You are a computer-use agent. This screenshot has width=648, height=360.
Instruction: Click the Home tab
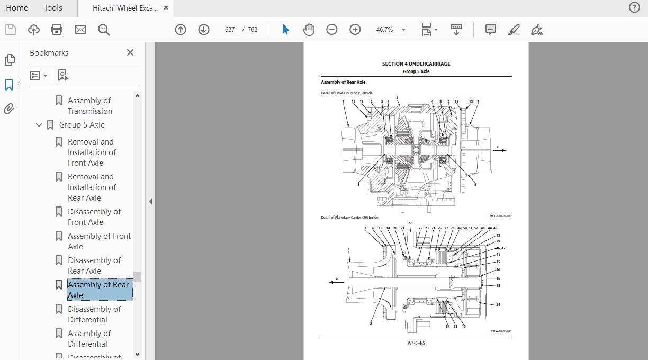17,8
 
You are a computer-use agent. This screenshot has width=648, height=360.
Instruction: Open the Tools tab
53,8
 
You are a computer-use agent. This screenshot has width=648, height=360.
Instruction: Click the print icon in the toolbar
57,30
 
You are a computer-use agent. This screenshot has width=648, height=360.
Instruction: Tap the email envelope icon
80,30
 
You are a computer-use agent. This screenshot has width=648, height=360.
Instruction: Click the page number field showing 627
230,30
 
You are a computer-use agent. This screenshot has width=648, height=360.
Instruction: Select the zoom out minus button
332,30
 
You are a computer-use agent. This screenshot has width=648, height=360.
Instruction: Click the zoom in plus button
355,30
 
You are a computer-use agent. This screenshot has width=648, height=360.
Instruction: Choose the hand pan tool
309,30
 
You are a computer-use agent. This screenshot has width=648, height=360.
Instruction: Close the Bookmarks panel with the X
130,52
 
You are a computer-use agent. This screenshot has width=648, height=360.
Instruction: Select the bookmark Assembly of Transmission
89,106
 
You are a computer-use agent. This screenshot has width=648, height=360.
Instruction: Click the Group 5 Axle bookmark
82,125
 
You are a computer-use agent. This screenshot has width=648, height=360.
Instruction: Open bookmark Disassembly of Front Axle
94,217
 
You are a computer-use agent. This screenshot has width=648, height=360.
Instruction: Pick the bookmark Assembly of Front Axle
98,241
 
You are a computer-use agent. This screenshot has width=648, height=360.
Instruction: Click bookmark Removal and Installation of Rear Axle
91,187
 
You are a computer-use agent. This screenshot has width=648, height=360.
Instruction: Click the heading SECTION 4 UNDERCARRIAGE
416,64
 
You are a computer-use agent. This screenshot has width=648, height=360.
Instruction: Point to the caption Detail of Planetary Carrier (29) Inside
349,217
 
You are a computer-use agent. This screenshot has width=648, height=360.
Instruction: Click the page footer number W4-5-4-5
416,343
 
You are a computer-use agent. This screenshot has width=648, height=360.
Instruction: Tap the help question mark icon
634,7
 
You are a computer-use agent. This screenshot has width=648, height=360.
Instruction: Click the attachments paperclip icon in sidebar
9,109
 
